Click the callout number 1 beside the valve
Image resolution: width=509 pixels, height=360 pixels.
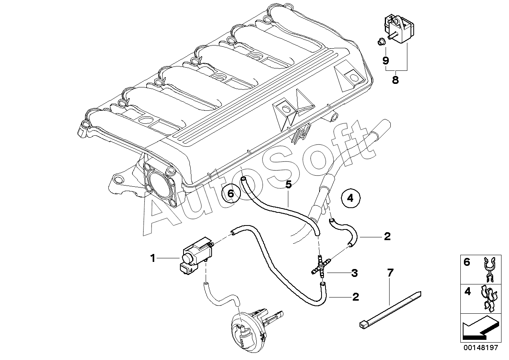[152, 258]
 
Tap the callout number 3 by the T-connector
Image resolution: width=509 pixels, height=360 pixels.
[354, 273]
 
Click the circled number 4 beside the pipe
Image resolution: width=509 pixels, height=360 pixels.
[350, 198]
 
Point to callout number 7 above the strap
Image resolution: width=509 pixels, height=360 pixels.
[390, 273]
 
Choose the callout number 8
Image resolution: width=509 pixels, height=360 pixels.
[395, 80]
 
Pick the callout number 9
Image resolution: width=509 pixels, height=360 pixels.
[386, 61]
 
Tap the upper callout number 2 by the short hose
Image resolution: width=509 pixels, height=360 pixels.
[387, 237]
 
